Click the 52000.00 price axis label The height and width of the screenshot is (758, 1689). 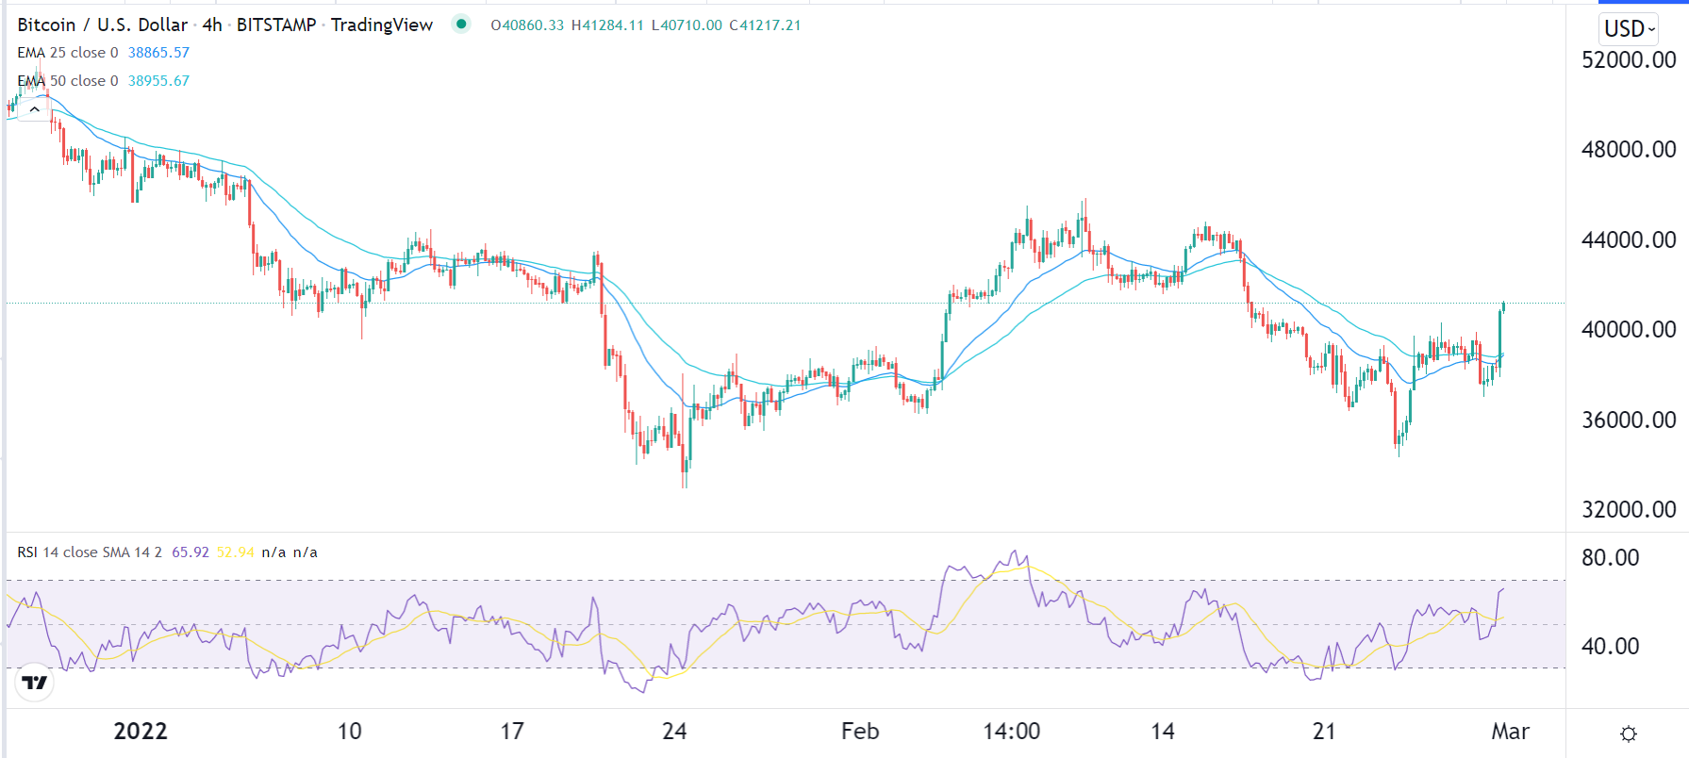pos(1628,60)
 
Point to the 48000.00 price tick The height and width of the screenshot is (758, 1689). pos(1628,150)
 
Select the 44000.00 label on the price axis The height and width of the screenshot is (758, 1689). pos(1628,240)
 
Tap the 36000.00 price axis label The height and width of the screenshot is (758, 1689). pos(1628,420)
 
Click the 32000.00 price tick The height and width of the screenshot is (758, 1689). pos(1628,510)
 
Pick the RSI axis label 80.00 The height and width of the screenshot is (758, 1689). pos(1610,558)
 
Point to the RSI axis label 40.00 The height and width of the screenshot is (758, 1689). pos(1610,647)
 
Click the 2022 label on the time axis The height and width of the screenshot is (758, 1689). pos(141,732)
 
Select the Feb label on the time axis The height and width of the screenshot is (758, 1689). pos(859,732)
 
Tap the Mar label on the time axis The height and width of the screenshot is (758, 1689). pos(1510,732)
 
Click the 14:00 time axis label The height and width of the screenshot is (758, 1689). pos(1011,732)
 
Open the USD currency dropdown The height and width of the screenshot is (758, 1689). pos(1629,29)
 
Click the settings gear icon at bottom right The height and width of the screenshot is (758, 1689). pos(1628,733)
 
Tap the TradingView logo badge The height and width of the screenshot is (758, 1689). pos(35,682)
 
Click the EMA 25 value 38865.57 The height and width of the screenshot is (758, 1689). pos(158,53)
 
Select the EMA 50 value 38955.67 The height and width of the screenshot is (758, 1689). pos(158,81)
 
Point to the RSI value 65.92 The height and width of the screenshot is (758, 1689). pos(190,552)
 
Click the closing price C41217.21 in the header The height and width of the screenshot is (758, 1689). pos(765,25)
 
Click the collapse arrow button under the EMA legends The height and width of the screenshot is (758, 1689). pos(34,109)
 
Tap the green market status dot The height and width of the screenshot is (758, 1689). pos(461,25)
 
